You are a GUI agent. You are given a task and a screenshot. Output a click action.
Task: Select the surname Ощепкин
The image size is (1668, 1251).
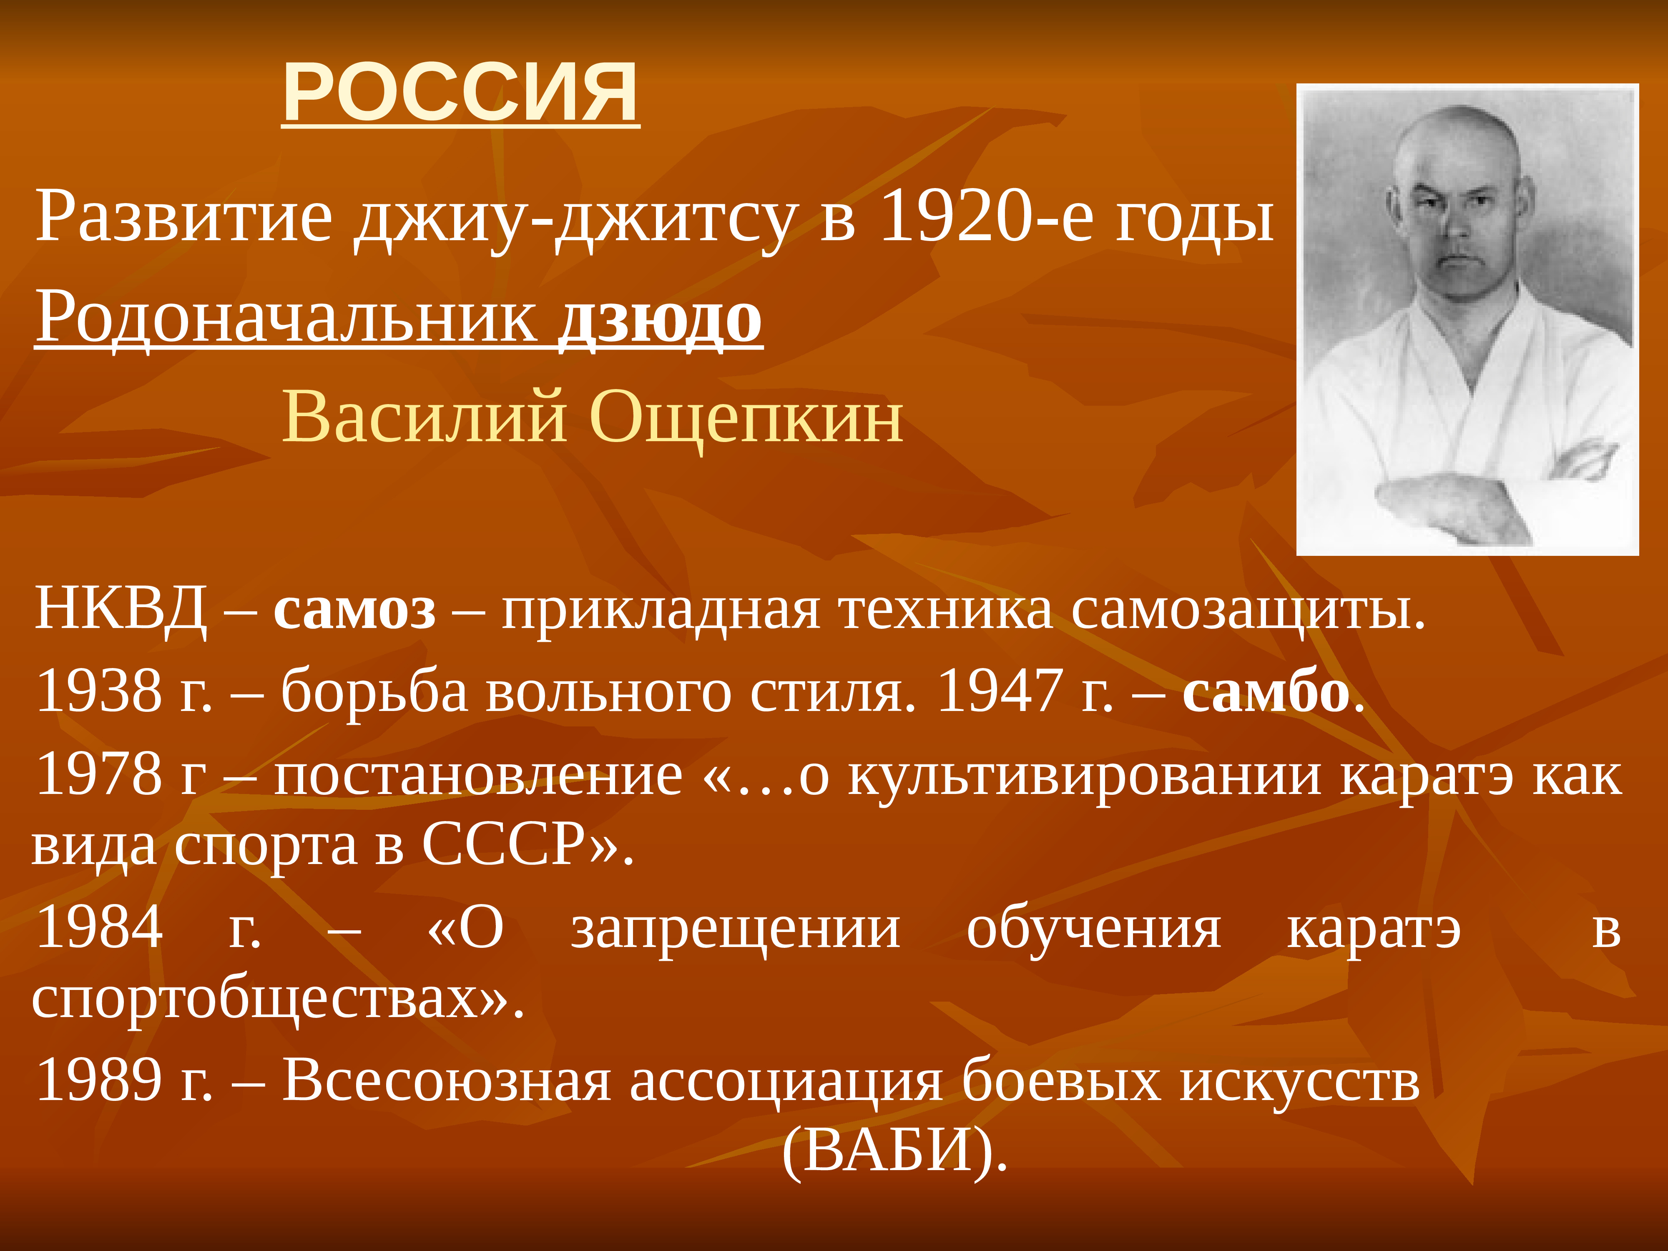click(746, 417)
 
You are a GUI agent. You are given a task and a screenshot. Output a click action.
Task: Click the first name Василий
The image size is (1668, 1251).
click(425, 417)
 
